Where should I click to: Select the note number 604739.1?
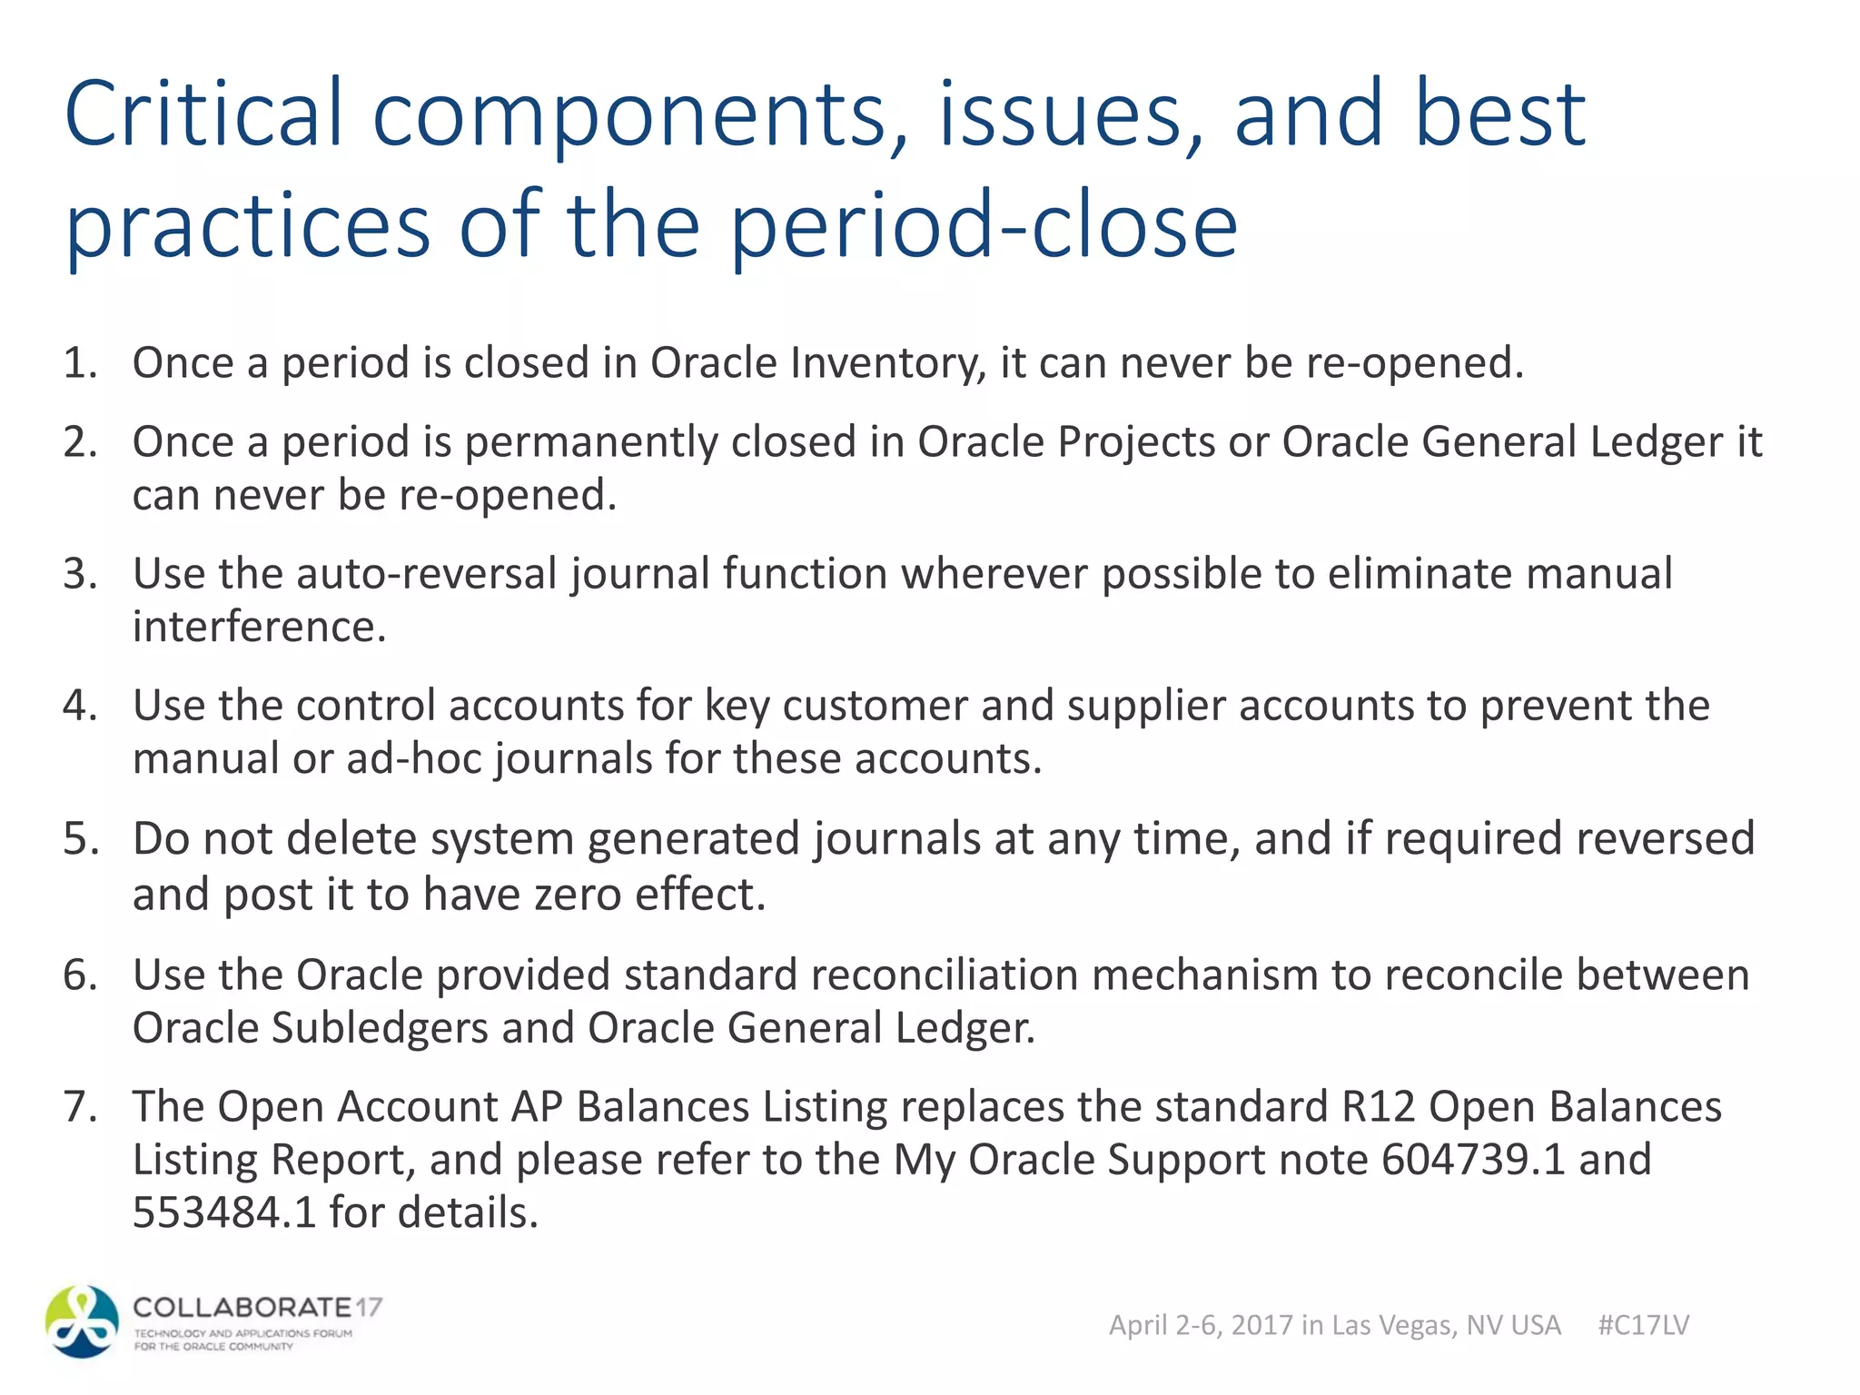1473,1160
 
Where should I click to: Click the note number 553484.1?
223,1212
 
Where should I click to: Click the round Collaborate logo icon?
82,1321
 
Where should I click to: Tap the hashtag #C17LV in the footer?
1643,1325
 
